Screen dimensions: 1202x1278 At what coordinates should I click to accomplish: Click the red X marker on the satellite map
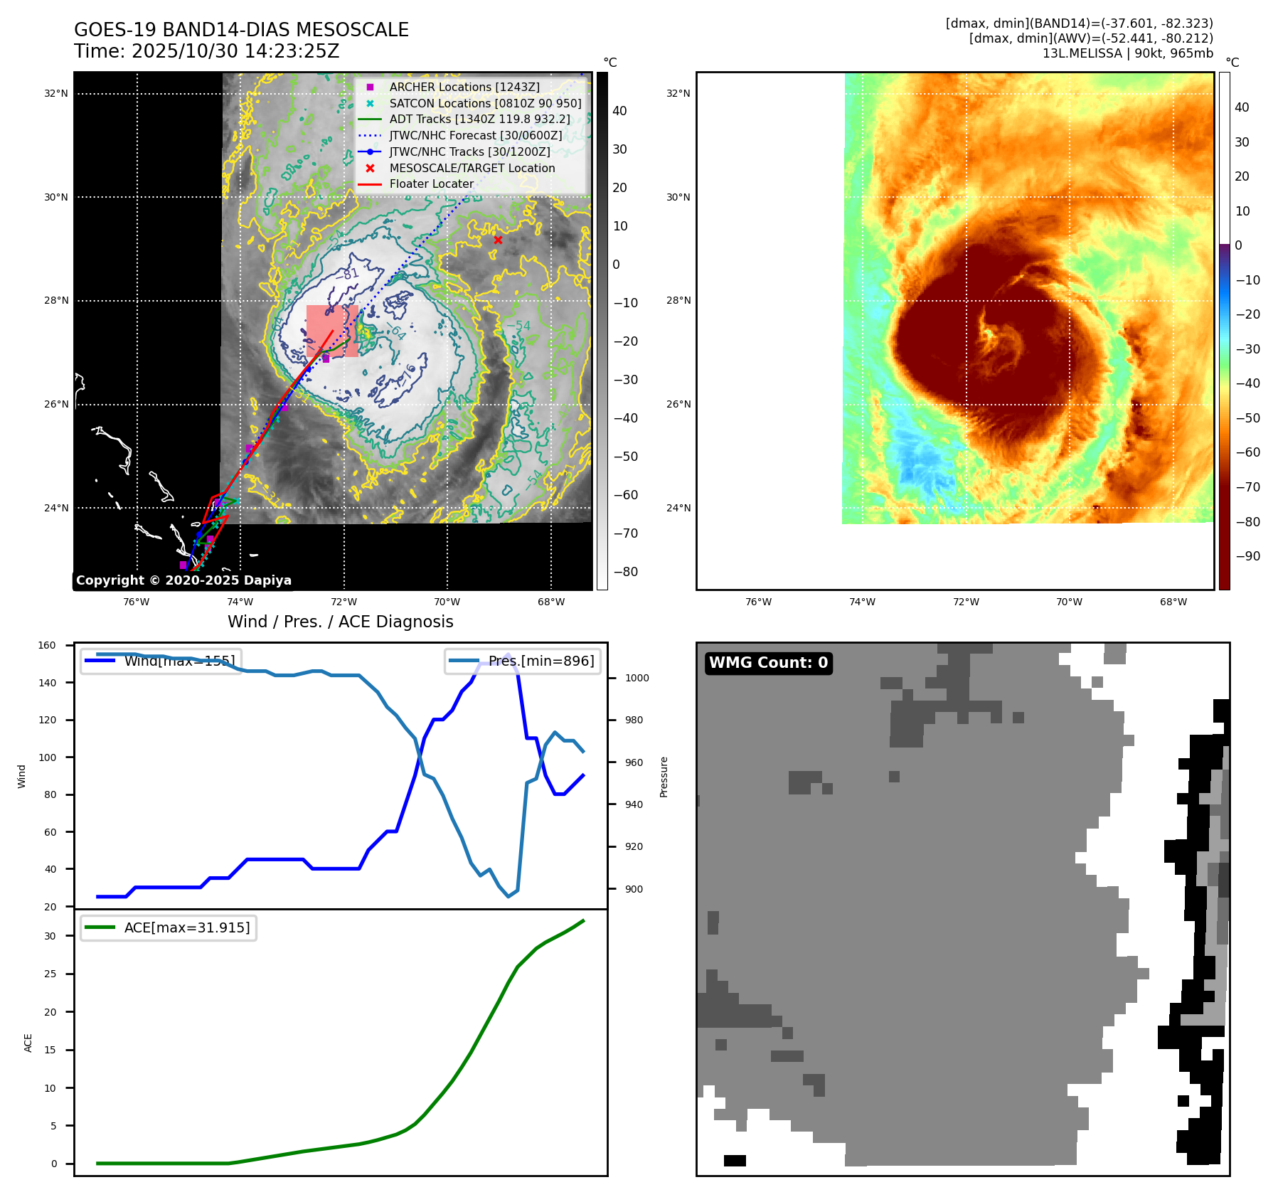click(498, 240)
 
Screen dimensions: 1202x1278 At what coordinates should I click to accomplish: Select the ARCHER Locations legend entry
click(464, 87)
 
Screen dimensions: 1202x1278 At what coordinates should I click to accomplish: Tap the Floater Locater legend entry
click(431, 184)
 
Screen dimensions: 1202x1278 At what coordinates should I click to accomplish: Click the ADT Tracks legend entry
click(479, 119)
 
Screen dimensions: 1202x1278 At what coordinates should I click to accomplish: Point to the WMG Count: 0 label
click(768, 663)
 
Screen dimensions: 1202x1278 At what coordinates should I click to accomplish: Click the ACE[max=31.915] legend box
click(169, 927)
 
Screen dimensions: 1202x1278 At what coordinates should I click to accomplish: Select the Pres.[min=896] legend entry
click(523, 661)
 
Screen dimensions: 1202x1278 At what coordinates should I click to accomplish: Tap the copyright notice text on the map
click(183, 580)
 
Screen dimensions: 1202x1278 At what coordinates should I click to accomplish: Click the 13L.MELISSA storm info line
click(1127, 53)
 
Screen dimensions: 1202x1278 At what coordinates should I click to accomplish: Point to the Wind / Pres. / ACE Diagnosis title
click(340, 622)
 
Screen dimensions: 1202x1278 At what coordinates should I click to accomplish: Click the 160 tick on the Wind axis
click(47, 645)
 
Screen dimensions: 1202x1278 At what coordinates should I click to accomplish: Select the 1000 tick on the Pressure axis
click(637, 678)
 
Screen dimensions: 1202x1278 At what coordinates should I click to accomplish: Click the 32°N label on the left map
click(56, 93)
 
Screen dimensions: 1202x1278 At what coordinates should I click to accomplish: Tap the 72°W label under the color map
click(965, 602)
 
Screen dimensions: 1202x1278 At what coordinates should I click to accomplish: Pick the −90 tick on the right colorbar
click(1247, 556)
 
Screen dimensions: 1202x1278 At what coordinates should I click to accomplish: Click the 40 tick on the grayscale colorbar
click(619, 111)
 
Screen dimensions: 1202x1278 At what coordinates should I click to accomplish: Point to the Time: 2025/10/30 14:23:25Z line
click(206, 51)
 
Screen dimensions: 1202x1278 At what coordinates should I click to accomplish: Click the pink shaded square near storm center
click(332, 331)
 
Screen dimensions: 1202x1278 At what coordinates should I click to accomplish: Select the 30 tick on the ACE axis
click(50, 936)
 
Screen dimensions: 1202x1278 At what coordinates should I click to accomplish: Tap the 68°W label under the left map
click(550, 602)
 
